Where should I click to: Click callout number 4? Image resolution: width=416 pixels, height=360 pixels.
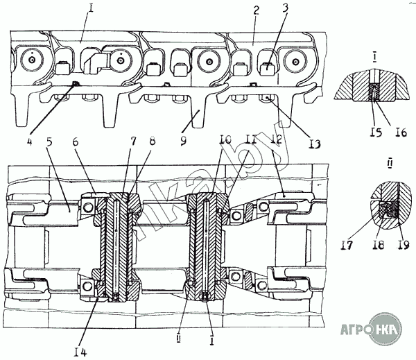click(29, 142)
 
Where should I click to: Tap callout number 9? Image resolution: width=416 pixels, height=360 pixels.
click(183, 141)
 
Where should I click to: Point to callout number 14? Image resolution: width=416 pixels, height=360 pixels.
click(80, 352)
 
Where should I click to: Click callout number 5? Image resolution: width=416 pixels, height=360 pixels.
click(49, 142)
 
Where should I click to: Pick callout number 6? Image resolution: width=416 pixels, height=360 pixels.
click(76, 142)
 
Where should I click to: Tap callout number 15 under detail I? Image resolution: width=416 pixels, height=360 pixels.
click(376, 132)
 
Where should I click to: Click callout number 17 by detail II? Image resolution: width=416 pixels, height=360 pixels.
click(347, 245)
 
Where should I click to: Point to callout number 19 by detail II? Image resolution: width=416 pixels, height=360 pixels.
click(404, 245)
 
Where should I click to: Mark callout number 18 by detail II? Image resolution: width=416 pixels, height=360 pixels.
click(378, 245)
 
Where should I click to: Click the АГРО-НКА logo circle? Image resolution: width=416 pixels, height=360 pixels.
click(386, 329)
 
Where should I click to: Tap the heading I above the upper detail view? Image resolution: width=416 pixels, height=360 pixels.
click(374, 58)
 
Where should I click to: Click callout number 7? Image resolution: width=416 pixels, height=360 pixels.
click(133, 141)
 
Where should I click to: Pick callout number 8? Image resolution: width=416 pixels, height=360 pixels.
click(152, 141)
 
